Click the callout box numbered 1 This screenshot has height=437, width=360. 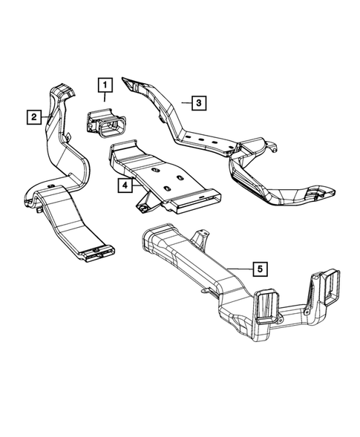click(x=104, y=83)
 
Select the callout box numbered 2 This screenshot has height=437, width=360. click(x=34, y=117)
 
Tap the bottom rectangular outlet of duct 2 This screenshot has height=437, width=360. click(x=96, y=254)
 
